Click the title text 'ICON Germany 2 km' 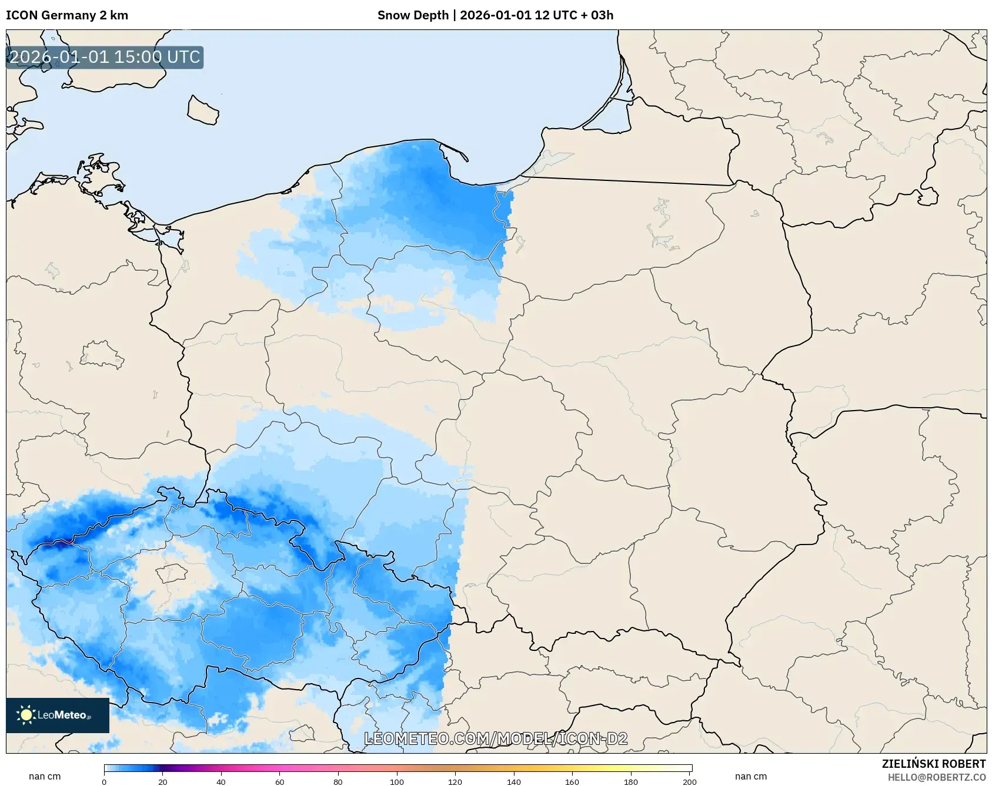coord(67,15)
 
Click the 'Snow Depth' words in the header coord(413,15)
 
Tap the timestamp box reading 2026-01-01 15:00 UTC coord(105,57)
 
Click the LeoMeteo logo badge coord(58,715)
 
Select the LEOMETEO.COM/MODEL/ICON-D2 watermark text coord(496,738)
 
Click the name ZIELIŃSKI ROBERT coord(933,764)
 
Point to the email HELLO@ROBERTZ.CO coord(936,777)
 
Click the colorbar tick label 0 coord(104,782)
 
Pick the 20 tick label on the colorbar coord(163,782)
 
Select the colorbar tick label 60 coord(280,782)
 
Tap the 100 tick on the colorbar coord(397,782)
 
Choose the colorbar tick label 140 coord(514,782)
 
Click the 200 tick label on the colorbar coord(690,782)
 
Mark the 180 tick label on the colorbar coord(631,782)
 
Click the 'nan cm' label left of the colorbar coord(45,777)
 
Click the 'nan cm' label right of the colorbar coord(751,777)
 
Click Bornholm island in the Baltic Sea coord(203,110)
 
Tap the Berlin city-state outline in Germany coord(101,354)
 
